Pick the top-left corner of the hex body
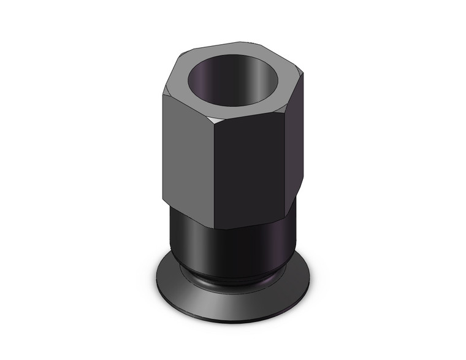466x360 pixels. point(164,95)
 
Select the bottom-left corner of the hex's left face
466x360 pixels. point(164,200)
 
